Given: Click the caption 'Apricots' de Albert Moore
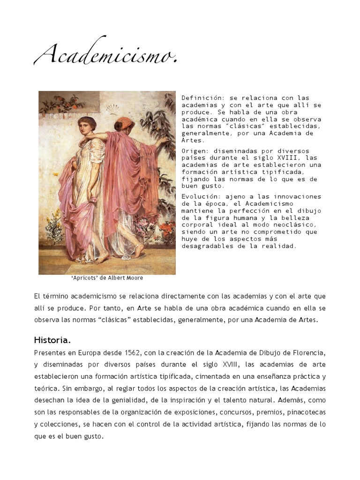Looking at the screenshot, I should pyautogui.click(x=107, y=278).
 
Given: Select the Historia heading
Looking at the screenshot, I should pyautogui.click(x=52, y=339).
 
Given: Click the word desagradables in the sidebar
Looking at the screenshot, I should pyautogui.click(x=205, y=246).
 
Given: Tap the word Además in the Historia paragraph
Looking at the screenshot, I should pyautogui.click(x=291, y=400).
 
